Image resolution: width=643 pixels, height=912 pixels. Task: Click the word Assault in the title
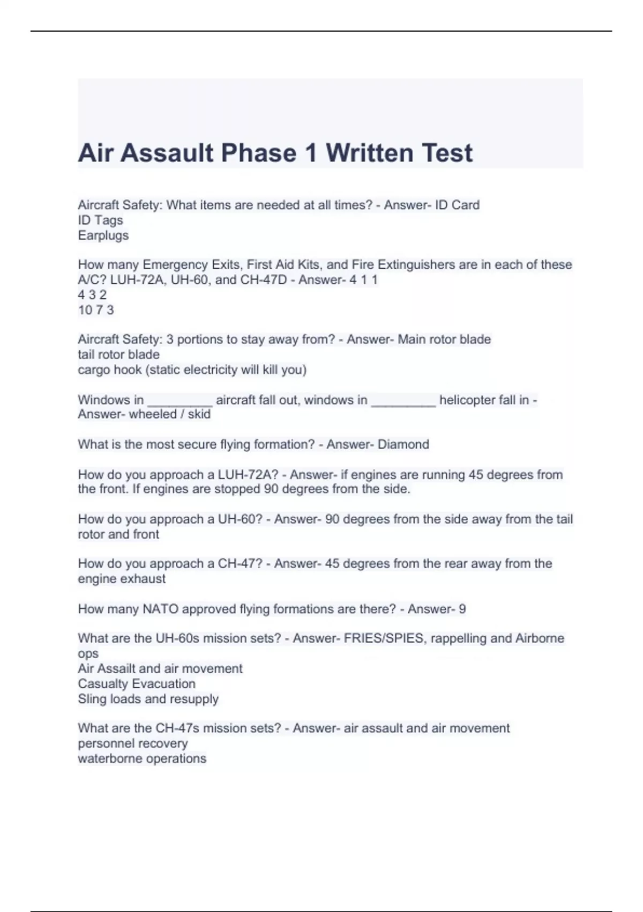point(167,153)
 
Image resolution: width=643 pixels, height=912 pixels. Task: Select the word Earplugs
point(103,236)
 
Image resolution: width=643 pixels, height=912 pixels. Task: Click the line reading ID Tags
point(100,220)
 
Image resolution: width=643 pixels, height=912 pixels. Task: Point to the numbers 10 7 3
point(96,310)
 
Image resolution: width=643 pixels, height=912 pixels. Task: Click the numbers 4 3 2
point(92,295)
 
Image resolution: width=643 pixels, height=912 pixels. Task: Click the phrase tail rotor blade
point(118,355)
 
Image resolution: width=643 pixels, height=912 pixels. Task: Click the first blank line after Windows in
point(180,400)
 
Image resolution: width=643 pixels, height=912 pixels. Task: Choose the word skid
point(199,414)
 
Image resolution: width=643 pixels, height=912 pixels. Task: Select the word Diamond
point(403,445)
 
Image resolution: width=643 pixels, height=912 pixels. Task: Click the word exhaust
point(144,579)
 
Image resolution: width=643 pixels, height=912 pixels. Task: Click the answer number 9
point(462,609)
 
